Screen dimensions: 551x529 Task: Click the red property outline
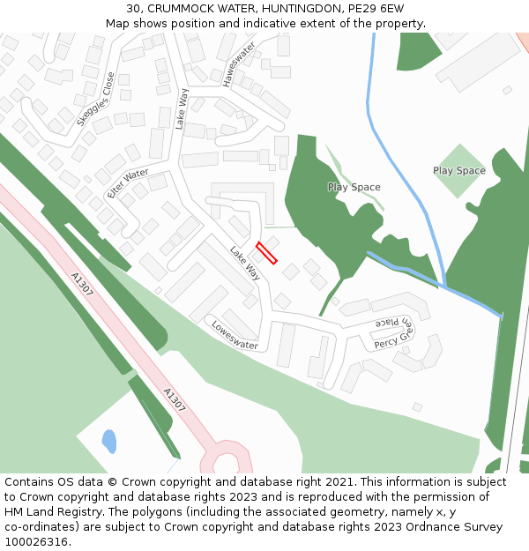click(x=266, y=253)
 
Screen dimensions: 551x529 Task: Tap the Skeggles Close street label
click(x=96, y=99)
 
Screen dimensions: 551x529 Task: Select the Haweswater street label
click(x=238, y=63)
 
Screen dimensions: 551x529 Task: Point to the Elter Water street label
click(x=128, y=183)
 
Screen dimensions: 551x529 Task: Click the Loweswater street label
click(x=235, y=335)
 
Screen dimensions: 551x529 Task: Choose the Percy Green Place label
click(x=393, y=332)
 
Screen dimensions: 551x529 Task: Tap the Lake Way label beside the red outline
click(x=245, y=264)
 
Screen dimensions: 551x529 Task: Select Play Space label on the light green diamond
click(x=458, y=170)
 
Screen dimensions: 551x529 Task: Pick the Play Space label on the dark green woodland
click(x=354, y=187)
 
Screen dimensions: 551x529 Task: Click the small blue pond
click(x=109, y=440)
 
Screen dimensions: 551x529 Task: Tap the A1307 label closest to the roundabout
click(x=175, y=400)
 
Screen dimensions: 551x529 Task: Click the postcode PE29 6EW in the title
click(x=376, y=8)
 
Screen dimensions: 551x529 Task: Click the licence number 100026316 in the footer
click(x=36, y=541)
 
